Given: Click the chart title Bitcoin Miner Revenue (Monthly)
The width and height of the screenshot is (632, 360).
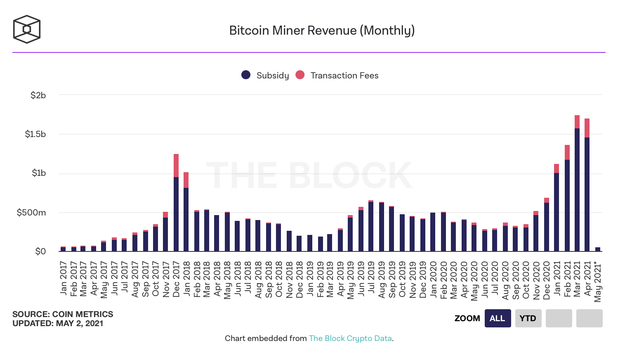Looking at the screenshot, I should pyautogui.click(x=322, y=31).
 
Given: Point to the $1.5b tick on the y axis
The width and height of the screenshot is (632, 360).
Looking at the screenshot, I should pyautogui.click(x=35, y=134).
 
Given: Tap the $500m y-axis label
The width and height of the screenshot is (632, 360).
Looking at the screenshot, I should pyautogui.click(x=31, y=213).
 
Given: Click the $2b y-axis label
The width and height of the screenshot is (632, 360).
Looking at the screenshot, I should pyautogui.click(x=38, y=95).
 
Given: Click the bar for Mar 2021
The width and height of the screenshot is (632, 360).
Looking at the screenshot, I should pyautogui.click(x=577, y=186).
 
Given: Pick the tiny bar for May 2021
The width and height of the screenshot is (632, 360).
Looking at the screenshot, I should pyautogui.click(x=598, y=249).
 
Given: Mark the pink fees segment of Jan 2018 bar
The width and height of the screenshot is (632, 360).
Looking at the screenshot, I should pyautogui.click(x=186, y=180).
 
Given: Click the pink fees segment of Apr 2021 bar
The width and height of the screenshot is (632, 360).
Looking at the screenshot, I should pyautogui.click(x=587, y=128).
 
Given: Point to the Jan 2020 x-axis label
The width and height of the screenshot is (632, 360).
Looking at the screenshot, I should pyautogui.click(x=433, y=279).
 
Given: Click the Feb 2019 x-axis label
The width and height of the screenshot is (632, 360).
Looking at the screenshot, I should pyautogui.click(x=321, y=279).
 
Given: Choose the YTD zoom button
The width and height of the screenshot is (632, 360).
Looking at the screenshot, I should pyautogui.click(x=528, y=318).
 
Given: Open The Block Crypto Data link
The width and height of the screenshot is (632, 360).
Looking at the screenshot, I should pyautogui.click(x=350, y=339).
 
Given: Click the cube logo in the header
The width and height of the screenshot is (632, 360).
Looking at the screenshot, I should pyautogui.click(x=27, y=29).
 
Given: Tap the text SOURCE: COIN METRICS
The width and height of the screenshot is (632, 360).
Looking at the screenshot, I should pyautogui.click(x=63, y=314).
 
